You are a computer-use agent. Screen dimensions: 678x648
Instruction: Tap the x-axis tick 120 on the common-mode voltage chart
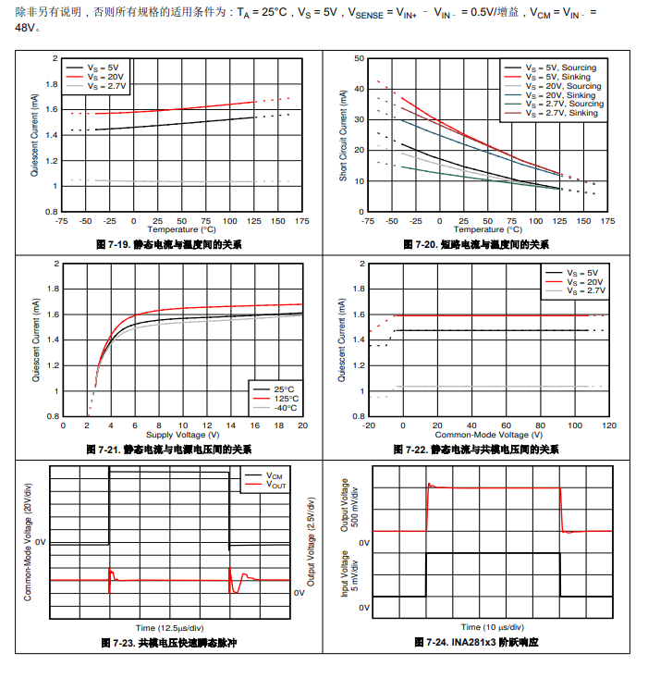(x=609, y=425)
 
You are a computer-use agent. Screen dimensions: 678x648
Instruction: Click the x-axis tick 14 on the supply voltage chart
(x=230, y=425)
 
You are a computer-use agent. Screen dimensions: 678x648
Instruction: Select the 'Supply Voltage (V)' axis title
(x=182, y=435)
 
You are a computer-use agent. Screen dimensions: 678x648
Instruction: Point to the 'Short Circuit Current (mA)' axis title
(x=343, y=135)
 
